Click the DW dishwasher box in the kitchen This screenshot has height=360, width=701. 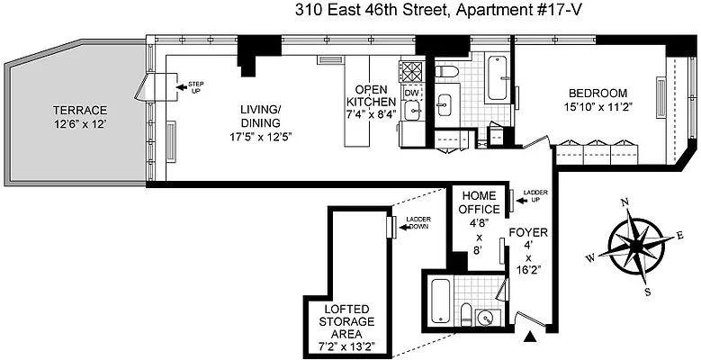pos(411,93)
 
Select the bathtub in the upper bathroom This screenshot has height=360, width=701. pos(495,80)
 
